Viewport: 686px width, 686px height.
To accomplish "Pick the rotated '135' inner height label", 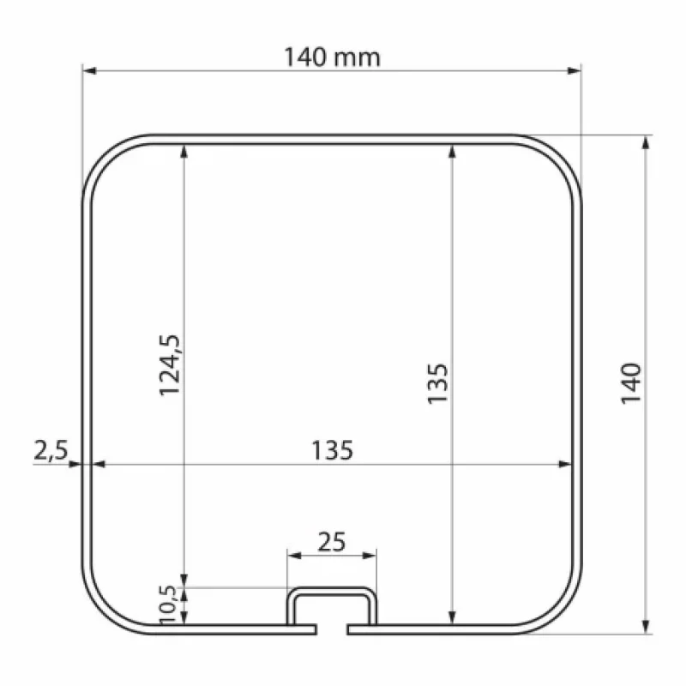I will [x=437, y=383].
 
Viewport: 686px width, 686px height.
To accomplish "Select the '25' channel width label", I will [x=331, y=541].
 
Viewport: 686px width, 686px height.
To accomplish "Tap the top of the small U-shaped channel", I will [x=331, y=590].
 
